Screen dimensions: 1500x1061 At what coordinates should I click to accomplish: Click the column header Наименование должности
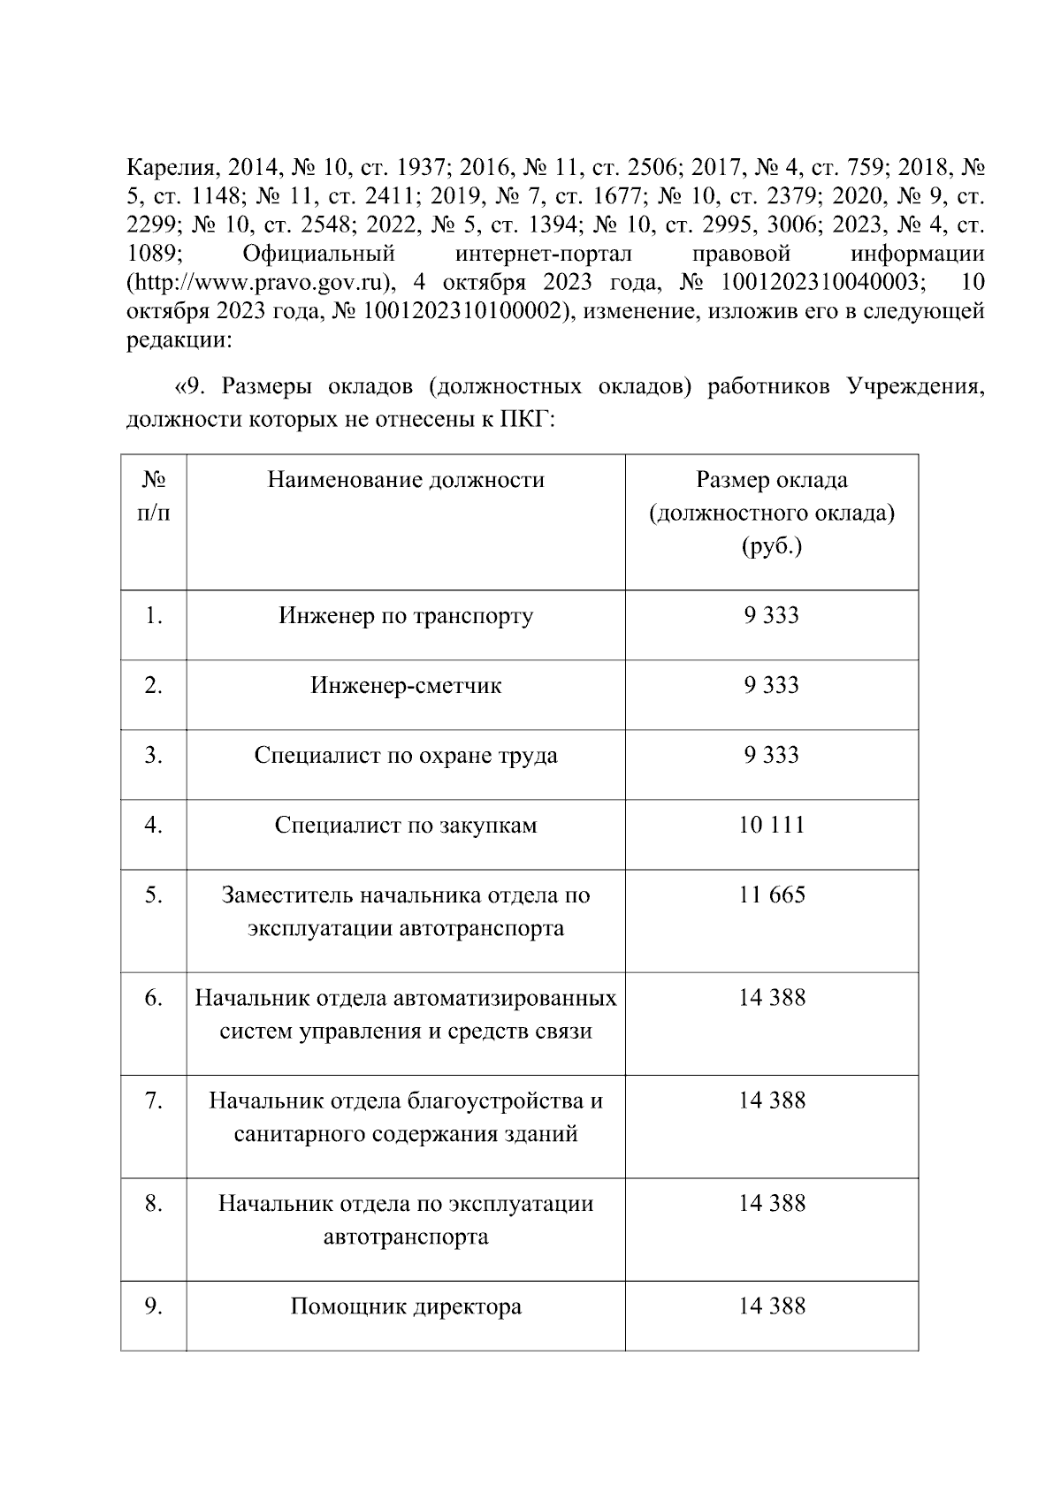406,480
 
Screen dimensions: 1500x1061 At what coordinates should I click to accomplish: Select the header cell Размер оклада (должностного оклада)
771,514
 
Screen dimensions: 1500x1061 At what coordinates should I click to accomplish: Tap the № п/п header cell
154,497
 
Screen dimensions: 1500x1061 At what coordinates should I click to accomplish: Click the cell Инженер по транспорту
406,616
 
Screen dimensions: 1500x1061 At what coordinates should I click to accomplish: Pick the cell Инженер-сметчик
406,686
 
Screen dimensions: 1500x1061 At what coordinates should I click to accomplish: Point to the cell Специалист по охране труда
406,756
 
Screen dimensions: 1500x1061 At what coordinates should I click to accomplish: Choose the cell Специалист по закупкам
406,826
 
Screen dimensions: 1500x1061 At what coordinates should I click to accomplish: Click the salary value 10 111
771,826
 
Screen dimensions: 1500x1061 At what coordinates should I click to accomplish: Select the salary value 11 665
771,895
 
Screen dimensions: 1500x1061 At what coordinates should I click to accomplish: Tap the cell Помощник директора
406,1306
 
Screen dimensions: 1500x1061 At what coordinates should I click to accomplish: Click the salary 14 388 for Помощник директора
771,1306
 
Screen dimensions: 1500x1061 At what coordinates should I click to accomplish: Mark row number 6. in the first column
154,998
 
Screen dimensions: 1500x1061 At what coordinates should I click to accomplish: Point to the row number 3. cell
154,756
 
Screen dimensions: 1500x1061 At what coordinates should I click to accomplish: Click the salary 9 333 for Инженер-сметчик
771,686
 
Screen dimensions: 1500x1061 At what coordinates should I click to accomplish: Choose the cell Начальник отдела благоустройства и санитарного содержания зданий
406,1117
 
